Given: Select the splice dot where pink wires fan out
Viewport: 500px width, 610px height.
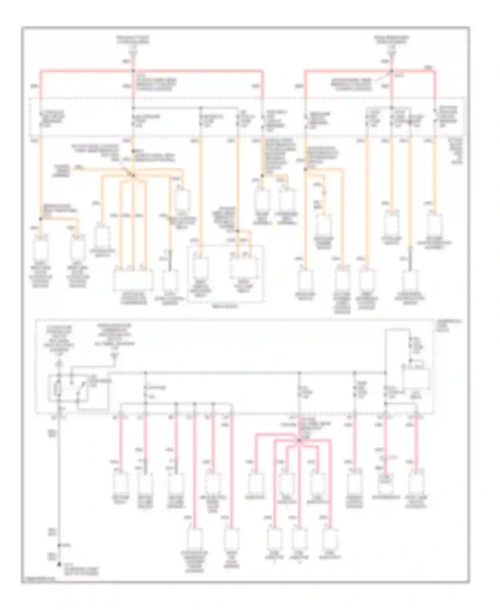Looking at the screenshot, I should point(299,440).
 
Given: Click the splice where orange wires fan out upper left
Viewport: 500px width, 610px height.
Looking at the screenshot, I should point(133,176).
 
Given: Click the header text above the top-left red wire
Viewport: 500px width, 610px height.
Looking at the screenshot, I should point(133,40).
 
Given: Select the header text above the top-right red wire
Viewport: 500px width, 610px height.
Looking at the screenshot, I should point(391,40).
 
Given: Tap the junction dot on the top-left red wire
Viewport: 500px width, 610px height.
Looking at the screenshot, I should point(133,71).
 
